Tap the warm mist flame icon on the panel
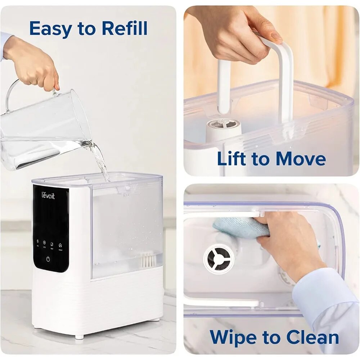[60, 243]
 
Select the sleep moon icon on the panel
[52, 243]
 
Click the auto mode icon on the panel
[44, 243]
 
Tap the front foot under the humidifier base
[78, 337]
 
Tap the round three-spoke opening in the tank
[219, 258]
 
